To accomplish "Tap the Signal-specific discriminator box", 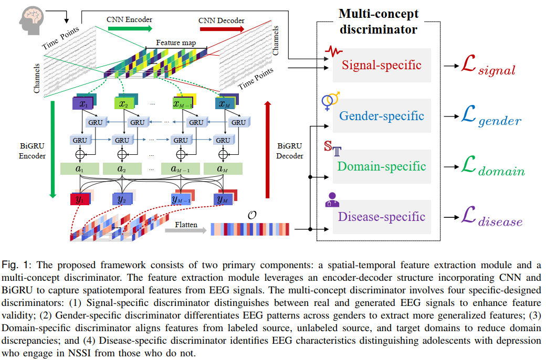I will [382, 65].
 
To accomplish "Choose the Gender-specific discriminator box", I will [382, 115].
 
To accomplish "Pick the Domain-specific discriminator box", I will [382, 166].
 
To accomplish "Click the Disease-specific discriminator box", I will [382, 217].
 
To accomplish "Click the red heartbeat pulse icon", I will [333, 51].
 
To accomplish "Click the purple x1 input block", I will [82, 103].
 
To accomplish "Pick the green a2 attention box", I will [122, 169].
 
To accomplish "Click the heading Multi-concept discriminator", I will [378, 21].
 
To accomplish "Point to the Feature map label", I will [172, 43].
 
